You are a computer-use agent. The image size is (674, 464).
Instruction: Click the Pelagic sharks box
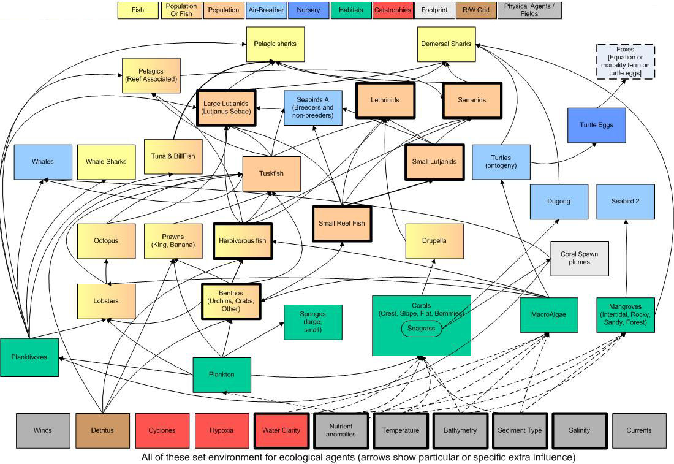pyautogui.click(x=275, y=44)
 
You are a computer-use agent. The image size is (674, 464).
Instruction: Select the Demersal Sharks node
pyautogui.click(x=446, y=44)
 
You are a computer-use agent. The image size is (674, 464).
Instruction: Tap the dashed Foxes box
pyautogui.click(x=626, y=61)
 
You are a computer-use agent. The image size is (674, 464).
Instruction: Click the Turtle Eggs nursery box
pyautogui.click(x=596, y=125)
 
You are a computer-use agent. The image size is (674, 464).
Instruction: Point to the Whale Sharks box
pyautogui.click(x=106, y=162)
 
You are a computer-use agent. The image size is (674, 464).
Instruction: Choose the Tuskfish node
pyautogui.click(x=271, y=173)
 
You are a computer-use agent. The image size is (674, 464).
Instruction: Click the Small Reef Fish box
pyautogui.click(x=342, y=224)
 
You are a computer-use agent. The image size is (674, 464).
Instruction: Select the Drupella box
pyautogui.click(x=434, y=241)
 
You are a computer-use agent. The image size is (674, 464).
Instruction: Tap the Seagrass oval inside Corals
pyautogui.click(x=422, y=329)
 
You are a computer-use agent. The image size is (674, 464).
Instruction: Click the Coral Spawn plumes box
pyautogui.click(x=580, y=258)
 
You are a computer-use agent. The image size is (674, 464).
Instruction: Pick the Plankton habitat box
pyautogui.click(x=222, y=375)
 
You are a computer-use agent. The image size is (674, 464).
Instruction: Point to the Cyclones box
pyautogui.click(x=162, y=430)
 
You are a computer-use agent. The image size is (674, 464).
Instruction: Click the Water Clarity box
pyautogui.click(x=282, y=430)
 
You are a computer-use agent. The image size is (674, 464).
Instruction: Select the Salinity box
pyautogui.click(x=580, y=430)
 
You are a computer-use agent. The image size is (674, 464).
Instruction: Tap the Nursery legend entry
pyautogui.click(x=308, y=10)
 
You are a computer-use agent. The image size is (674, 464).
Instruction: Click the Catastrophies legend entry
pyautogui.click(x=392, y=10)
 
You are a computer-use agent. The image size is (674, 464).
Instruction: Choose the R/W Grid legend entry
pyautogui.click(x=476, y=10)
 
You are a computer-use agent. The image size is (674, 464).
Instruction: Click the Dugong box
pyautogui.click(x=559, y=202)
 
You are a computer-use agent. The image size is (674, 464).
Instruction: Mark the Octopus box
pyautogui.click(x=106, y=241)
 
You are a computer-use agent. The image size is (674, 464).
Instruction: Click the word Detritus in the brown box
pyautogui.click(x=102, y=430)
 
